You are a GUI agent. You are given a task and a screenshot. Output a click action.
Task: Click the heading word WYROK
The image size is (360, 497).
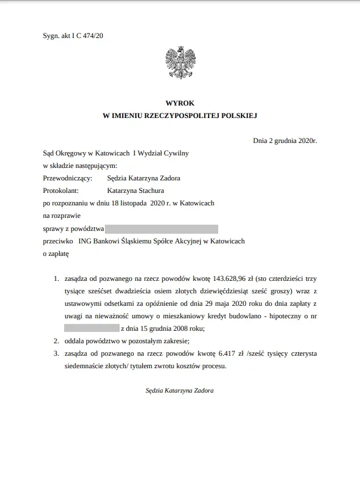click(180, 103)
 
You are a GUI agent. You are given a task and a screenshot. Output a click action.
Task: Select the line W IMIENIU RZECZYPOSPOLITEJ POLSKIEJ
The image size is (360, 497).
click(180, 115)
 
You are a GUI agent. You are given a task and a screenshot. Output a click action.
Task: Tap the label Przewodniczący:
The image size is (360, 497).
click(67, 178)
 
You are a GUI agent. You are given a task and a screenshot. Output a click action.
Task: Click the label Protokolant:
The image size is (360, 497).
click(62, 191)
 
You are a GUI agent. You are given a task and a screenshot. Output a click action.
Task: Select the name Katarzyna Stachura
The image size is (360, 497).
click(135, 191)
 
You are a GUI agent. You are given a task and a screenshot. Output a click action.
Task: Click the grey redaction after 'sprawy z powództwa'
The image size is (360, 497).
click(162, 229)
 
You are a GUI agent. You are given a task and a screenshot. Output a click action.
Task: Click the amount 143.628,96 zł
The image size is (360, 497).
click(228, 279)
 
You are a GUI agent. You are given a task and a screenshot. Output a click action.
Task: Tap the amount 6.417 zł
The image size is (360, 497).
click(224, 353)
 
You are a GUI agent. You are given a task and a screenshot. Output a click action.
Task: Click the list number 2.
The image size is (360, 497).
click(56, 341)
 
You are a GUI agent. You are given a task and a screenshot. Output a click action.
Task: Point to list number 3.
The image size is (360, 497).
click(56, 353)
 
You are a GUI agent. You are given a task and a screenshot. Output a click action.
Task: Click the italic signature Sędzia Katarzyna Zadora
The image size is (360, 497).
click(180, 391)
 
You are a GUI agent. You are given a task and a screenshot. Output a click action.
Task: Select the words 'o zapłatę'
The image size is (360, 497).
click(56, 254)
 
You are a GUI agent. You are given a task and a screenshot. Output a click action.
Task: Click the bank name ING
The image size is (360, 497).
click(86, 241)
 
